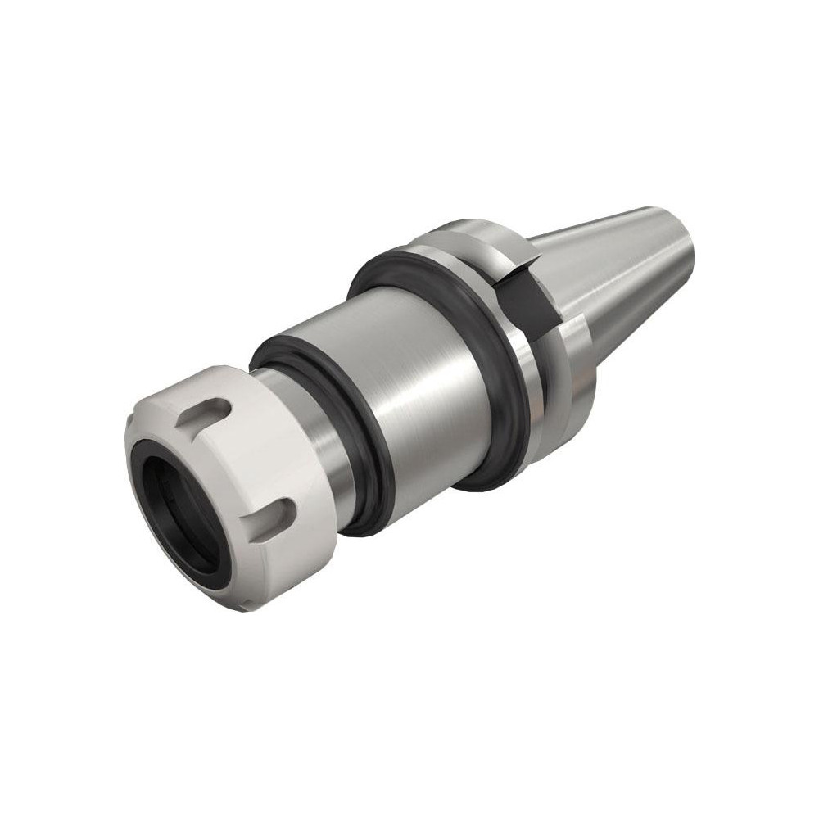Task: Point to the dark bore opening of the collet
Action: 176,516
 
